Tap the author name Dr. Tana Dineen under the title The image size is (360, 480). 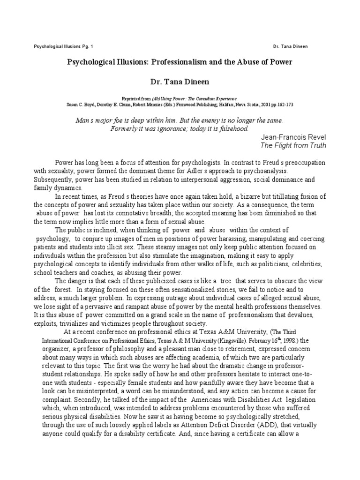180,82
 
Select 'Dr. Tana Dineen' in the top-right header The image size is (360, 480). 290,47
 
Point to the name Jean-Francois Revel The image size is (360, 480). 292,136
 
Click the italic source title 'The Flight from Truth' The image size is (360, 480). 293,145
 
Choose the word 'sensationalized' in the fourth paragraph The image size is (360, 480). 198,289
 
